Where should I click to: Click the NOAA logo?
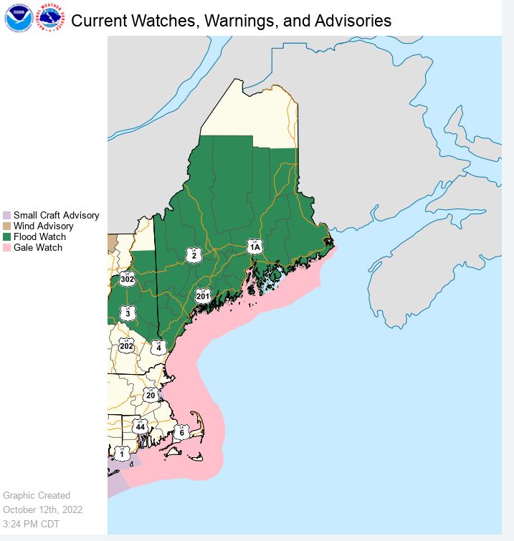[17, 18]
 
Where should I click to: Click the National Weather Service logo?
[50, 18]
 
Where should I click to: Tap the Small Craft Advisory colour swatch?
[7, 215]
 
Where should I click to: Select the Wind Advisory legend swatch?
[7, 226]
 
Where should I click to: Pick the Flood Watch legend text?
[39, 236]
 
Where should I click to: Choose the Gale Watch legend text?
[38, 247]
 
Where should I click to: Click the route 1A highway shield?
[254, 246]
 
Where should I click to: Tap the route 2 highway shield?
[194, 255]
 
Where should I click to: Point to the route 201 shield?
[203, 296]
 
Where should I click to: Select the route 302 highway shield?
[128, 279]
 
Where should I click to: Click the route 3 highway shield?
[128, 313]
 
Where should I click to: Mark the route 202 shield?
[127, 346]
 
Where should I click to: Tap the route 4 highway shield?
[158, 347]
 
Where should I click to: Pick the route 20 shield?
[151, 395]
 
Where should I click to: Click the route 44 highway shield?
[141, 426]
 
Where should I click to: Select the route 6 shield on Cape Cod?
[182, 432]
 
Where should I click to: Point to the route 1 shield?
[122, 454]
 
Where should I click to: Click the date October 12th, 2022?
[43, 509]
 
